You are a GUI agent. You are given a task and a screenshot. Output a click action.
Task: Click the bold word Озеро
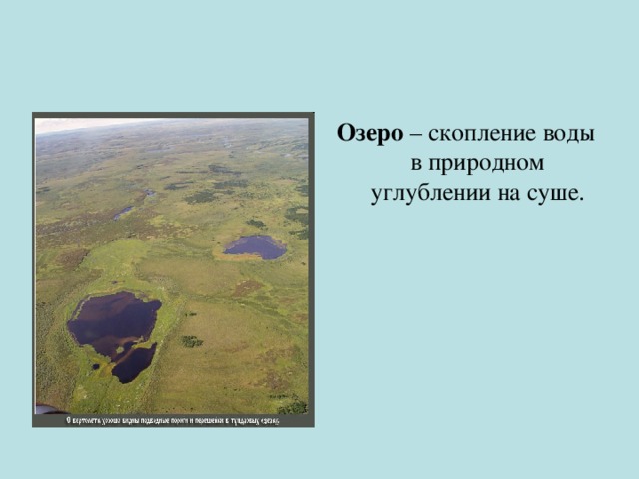point(371,133)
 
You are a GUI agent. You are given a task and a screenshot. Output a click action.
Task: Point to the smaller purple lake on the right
point(255,245)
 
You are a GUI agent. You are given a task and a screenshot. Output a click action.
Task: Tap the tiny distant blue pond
point(123,212)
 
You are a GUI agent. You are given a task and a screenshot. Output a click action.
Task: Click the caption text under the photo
point(173,420)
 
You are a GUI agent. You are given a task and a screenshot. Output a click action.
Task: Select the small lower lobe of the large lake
point(133,363)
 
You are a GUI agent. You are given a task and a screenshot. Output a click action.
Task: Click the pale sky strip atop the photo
point(90,124)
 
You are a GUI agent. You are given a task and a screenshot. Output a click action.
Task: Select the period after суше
point(581,197)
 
